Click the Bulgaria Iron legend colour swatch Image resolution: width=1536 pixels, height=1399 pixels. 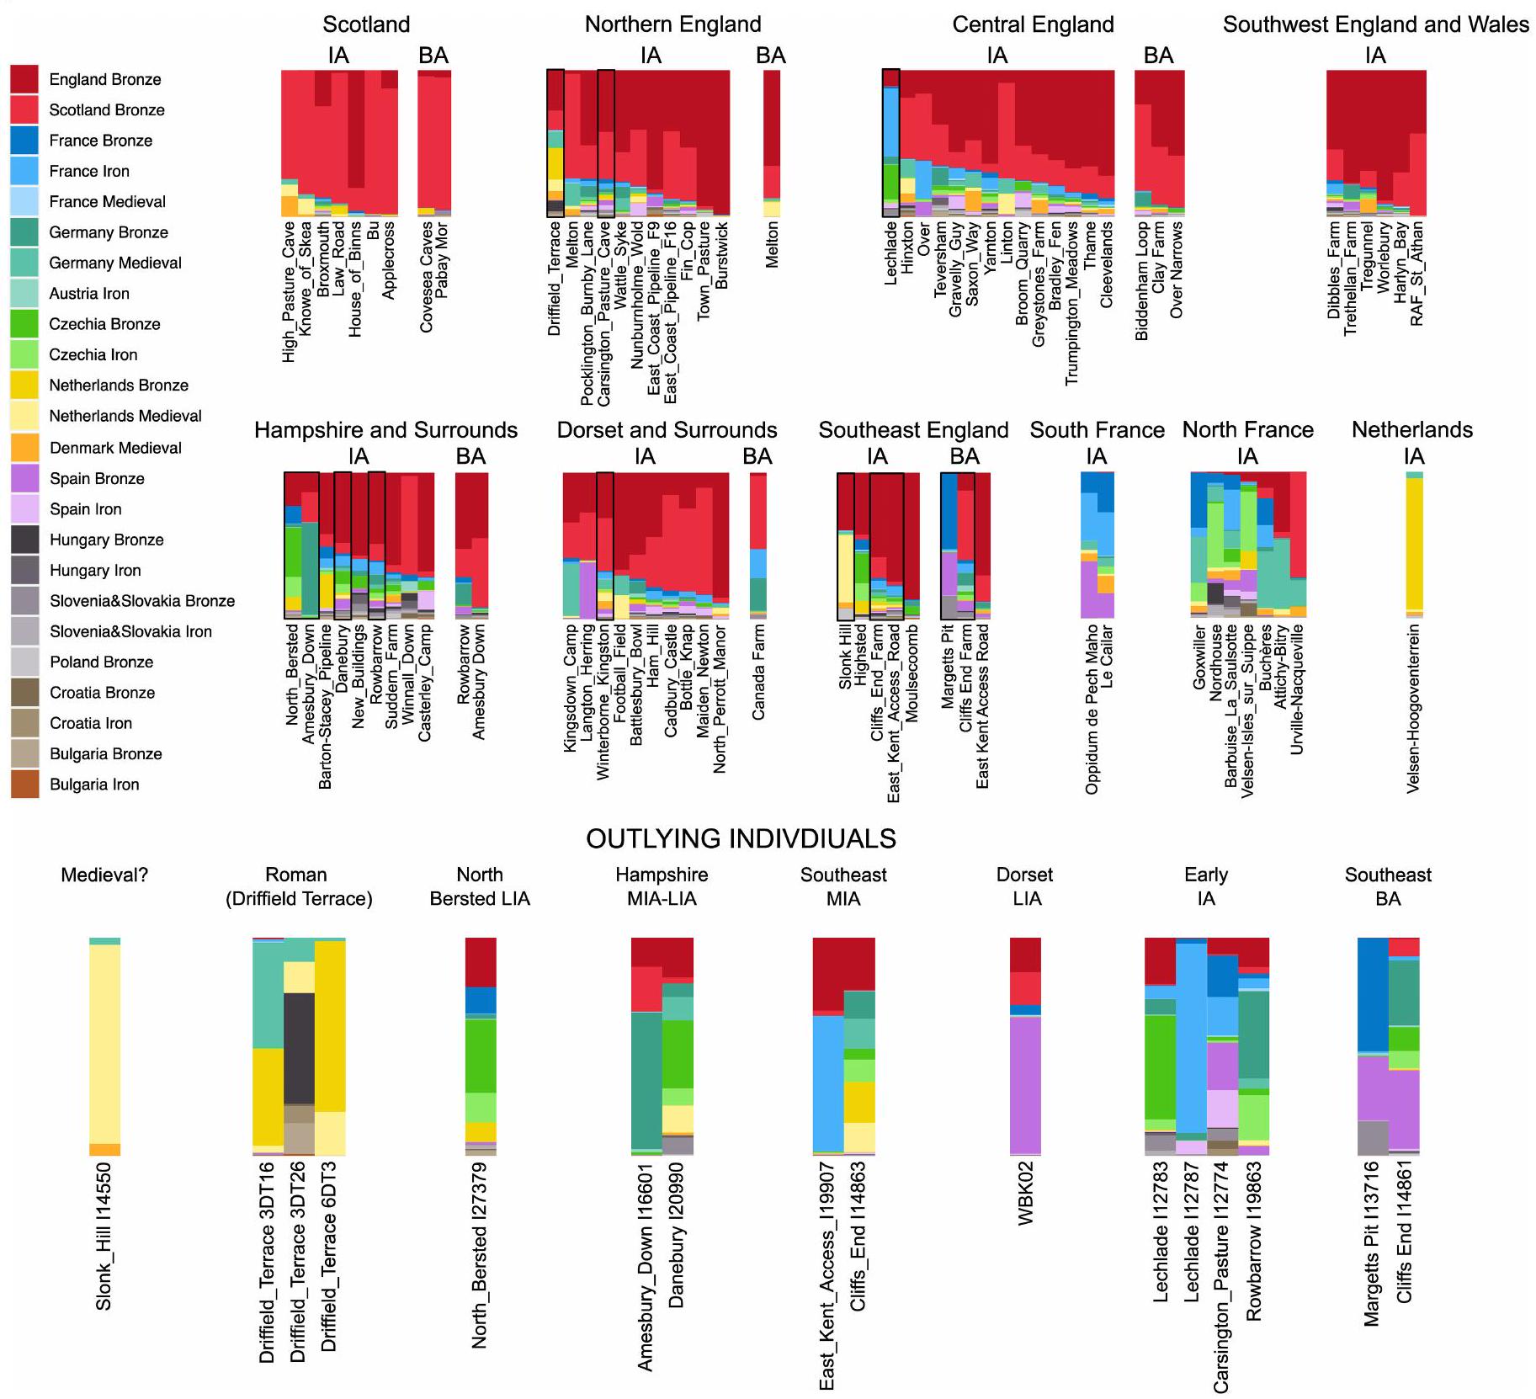pos(24,784)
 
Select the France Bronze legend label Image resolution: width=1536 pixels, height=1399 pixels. pos(100,141)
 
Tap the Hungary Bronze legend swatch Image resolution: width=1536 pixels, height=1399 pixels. pos(24,540)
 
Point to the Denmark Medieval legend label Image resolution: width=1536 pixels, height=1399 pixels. pos(115,448)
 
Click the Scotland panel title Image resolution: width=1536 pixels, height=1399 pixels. pos(366,24)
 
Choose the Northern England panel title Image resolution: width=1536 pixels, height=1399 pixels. pos(672,24)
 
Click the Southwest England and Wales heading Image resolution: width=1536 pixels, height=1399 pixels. pos(1375,24)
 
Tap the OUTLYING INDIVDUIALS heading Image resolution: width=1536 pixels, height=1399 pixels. pos(741,838)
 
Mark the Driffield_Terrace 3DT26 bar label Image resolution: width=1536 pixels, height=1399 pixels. pos(297,1262)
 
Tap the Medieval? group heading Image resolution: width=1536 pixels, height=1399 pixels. pos(104,875)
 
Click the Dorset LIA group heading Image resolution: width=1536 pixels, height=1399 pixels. pos(1025,886)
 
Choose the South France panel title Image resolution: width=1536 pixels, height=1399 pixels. pos(1097,430)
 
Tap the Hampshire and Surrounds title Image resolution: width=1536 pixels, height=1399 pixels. pos(385,430)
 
